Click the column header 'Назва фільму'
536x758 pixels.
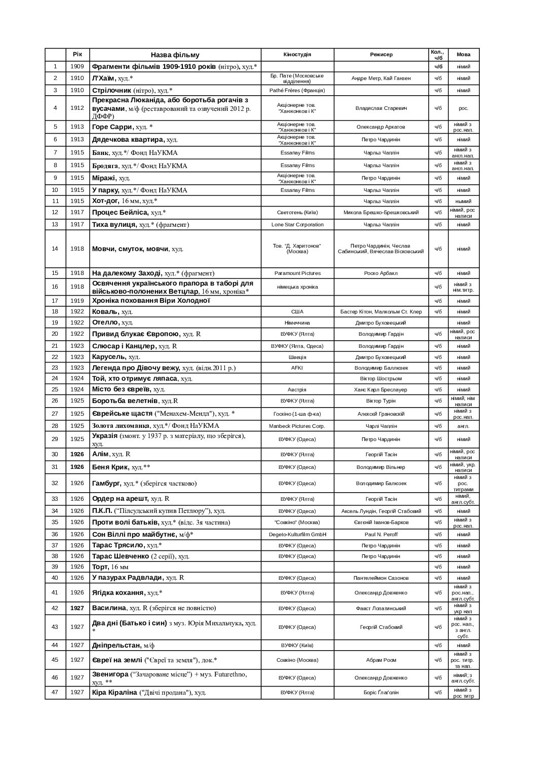point(175,55)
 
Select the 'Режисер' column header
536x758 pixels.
point(381,55)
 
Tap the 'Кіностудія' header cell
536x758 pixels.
point(297,54)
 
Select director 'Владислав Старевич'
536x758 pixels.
point(381,108)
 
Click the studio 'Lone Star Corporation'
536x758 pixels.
point(297,224)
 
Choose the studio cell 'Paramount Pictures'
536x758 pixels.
point(297,273)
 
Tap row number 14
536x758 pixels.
point(55,249)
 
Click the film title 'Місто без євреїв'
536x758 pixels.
point(122,389)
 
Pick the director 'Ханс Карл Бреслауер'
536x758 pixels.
point(381,389)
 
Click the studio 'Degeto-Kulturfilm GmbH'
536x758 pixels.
point(297,534)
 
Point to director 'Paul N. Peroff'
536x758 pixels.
point(381,534)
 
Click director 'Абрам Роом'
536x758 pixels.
point(381,660)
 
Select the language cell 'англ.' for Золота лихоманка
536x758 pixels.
point(463,426)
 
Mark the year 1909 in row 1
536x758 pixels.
point(77,66)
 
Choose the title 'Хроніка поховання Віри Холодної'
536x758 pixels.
point(151,301)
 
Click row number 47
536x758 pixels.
point(55,692)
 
